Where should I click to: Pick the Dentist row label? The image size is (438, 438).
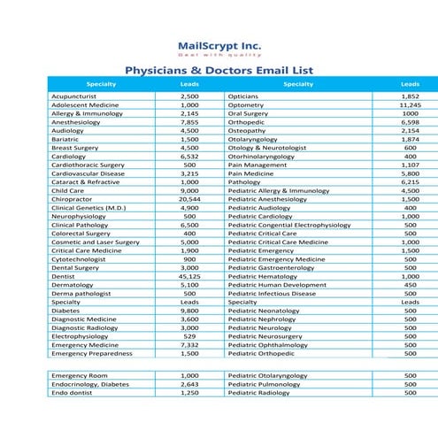[x=63, y=276]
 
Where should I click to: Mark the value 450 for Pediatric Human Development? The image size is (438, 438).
[x=410, y=285]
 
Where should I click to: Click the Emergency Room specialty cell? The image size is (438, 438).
[x=75, y=375]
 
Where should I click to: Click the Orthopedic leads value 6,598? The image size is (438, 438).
[x=410, y=121]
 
